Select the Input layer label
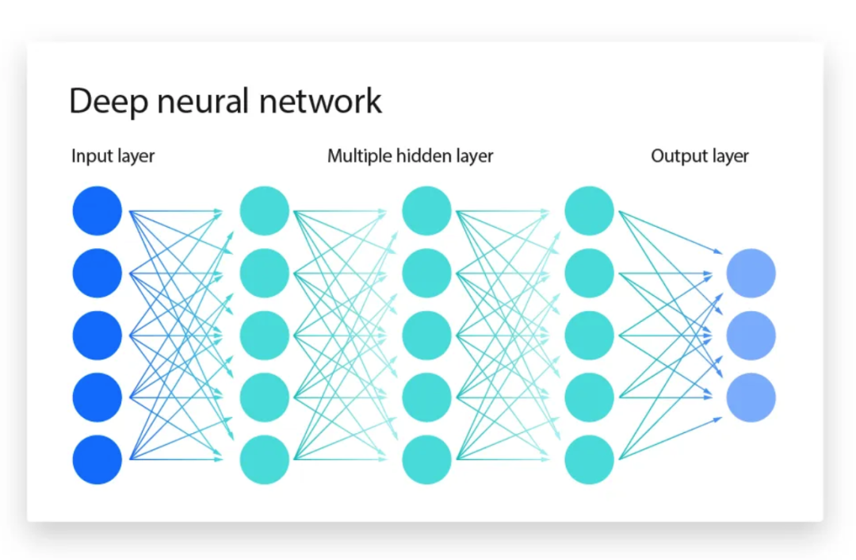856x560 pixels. pyautogui.click(x=113, y=156)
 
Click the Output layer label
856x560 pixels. pyautogui.click(x=699, y=156)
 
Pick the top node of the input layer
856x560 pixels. pyautogui.click(x=97, y=211)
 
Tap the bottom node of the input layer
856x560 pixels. pyautogui.click(x=97, y=460)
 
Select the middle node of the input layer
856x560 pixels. pyautogui.click(x=97, y=336)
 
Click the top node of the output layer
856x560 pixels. pyautogui.click(x=751, y=274)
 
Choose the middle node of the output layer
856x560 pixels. pyautogui.click(x=751, y=336)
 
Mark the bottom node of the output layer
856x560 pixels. pyautogui.click(x=751, y=397)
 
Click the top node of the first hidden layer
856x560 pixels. pyautogui.click(x=264, y=211)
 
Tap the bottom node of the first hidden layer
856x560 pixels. pyautogui.click(x=264, y=460)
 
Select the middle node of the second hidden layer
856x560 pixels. pyautogui.click(x=426, y=336)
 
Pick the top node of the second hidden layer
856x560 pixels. pyautogui.click(x=426, y=211)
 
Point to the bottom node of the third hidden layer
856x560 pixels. pyautogui.click(x=589, y=460)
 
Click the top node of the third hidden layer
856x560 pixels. pyautogui.click(x=589, y=211)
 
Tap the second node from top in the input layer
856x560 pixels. pyautogui.click(x=97, y=274)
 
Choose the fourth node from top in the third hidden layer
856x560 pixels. pyautogui.click(x=589, y=397)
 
